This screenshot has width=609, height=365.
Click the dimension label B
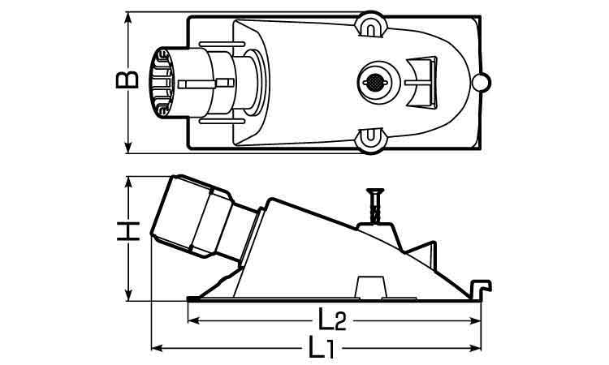[x=127, y=79]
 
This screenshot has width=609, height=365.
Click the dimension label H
[x=128, y=231]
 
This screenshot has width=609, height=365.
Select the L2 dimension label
[x=332, y=320]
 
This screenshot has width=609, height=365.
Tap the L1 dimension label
[x=322, y=347]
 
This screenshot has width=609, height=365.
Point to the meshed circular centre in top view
[x=375, y=82]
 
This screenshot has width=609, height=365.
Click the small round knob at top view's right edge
[x=482, y=82]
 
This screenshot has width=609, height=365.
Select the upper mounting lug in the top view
[x=371, y=24]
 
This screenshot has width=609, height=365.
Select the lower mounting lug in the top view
[x=371, y=140]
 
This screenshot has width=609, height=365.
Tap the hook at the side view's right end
[x=481, y=289]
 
